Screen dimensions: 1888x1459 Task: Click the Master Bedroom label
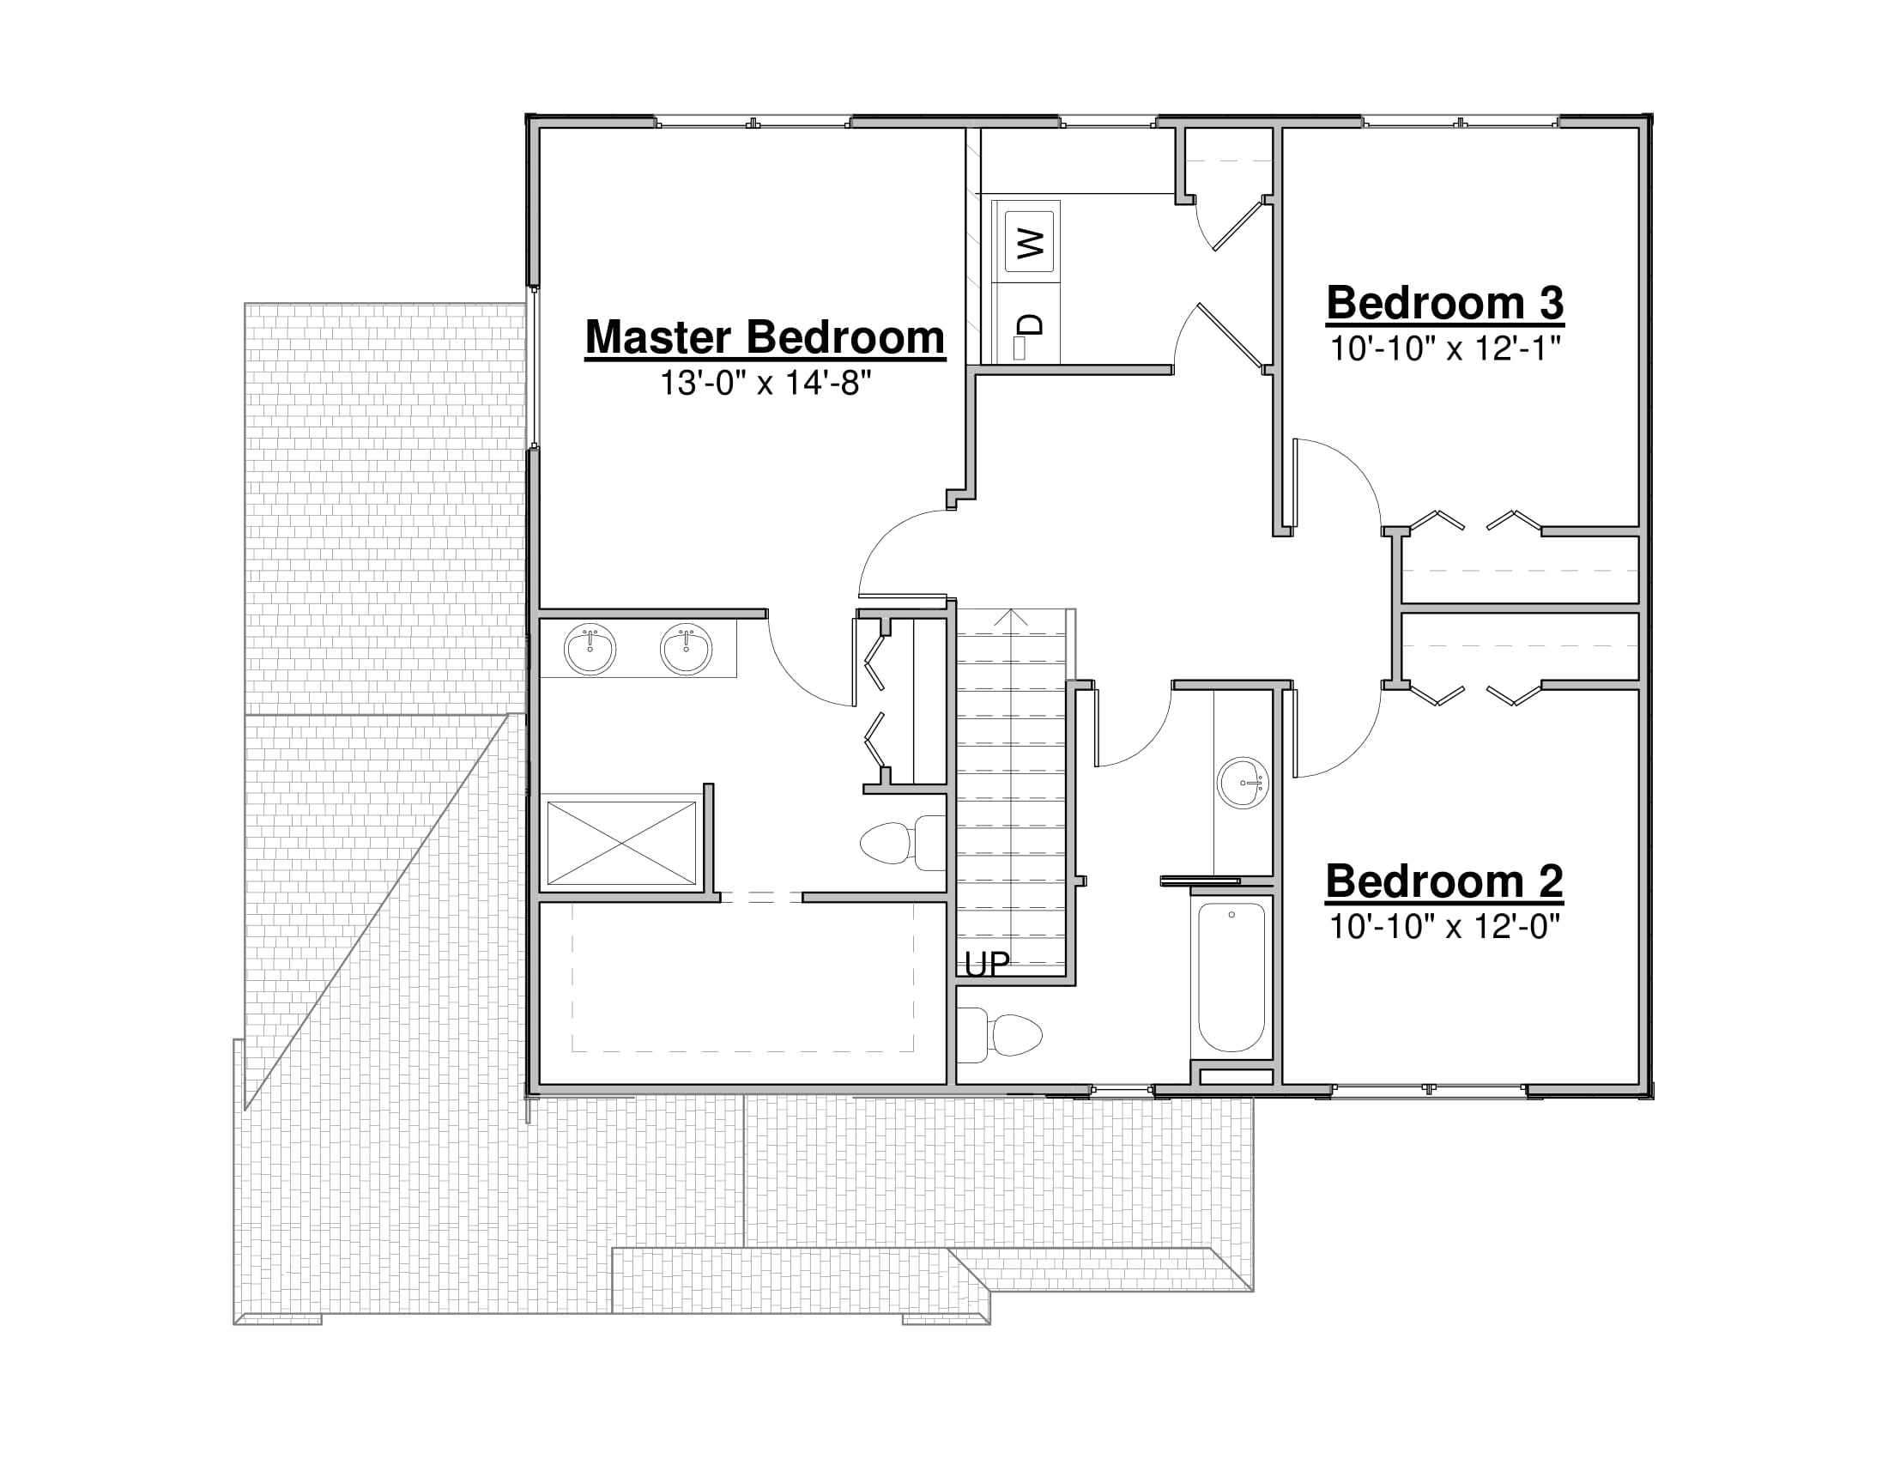(x=765, y=337)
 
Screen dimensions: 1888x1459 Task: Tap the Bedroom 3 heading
(x=1445, y=303)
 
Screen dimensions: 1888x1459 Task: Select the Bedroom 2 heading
(x=1444, y=881)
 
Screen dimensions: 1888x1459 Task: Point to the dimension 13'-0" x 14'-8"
(x=765, y=382)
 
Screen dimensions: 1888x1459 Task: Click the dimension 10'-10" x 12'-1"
(x=1445, y=348)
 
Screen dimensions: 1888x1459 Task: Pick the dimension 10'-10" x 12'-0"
(x=1444, y=927)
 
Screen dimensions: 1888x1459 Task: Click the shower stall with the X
(x=621, y=844)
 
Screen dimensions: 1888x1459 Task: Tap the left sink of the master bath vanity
(x=590, y=649)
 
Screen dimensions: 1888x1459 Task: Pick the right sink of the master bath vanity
(x=687, y=649)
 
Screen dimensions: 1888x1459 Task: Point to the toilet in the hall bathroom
(x=1000, y=1035)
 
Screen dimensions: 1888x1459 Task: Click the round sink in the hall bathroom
(x=1244, y=783)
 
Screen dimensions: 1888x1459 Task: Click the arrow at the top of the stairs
(x=1012, y=618)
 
